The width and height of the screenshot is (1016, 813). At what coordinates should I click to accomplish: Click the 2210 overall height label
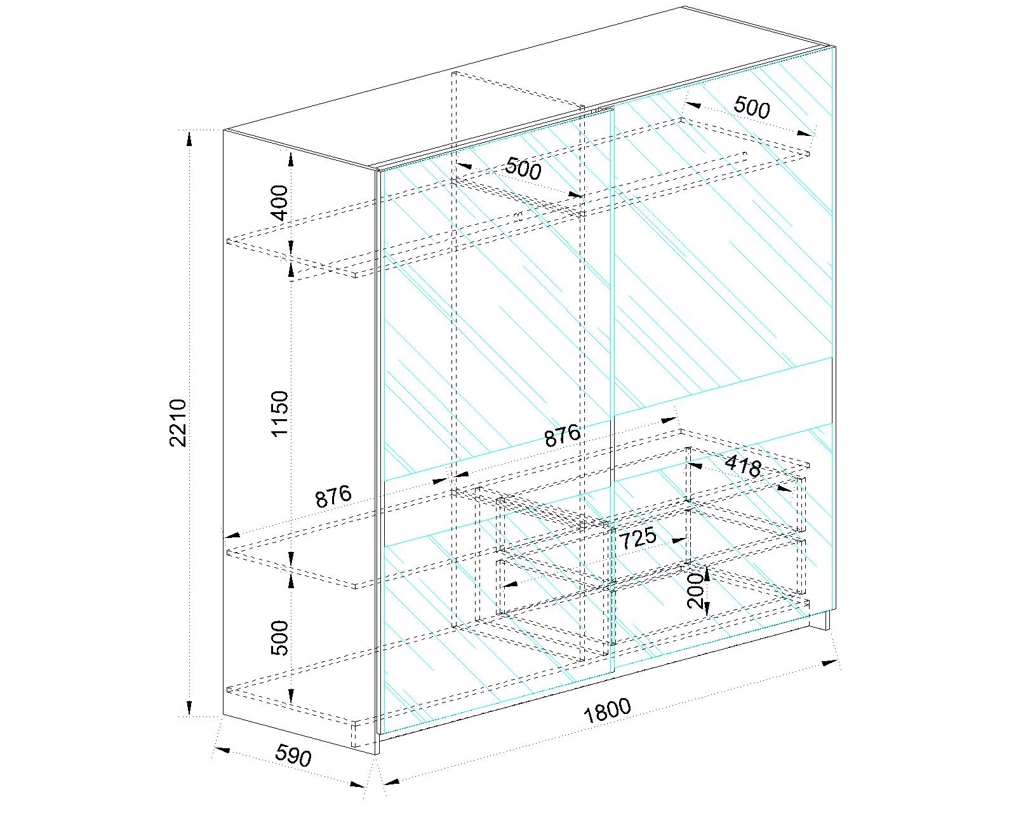click(178, 423)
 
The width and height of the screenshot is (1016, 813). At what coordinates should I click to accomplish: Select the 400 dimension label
click(280, 203)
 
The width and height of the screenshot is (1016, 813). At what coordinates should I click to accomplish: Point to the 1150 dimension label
click(279, 414)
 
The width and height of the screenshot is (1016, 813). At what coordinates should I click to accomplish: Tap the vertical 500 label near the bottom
click(279, 638)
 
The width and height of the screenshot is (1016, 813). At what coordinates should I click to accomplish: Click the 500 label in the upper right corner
click(752, 107)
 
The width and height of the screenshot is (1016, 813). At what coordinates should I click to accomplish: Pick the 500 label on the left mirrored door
click(523, 168)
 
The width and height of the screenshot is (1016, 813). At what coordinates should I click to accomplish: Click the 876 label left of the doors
click(333, 497)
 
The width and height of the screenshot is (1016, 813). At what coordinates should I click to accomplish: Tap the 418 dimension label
click(743, 466)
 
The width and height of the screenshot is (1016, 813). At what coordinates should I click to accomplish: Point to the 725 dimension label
click(638, 538)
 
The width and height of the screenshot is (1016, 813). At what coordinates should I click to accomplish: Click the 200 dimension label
click(695, 591)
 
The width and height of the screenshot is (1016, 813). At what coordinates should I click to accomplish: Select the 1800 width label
click(608, 711)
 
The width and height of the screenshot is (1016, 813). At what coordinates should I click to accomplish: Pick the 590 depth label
click(293, 755)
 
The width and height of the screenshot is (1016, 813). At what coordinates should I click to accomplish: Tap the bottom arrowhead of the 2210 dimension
click(189, 707)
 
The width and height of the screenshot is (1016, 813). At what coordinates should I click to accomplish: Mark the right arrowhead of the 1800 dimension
click(830, 662)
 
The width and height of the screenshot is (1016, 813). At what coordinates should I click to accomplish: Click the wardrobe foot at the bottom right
click(820, 621)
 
